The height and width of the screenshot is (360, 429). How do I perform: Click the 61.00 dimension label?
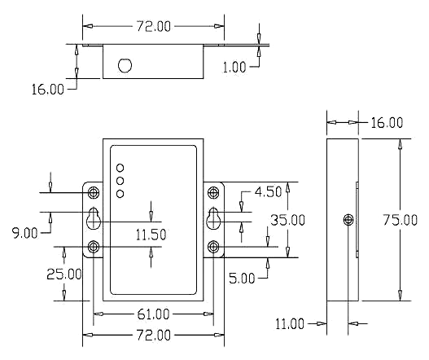[x=153, y=314]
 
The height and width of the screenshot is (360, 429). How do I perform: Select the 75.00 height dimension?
[x=400, y=220]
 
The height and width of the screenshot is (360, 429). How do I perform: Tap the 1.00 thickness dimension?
[x=234, y=67]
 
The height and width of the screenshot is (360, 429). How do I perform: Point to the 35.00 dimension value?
[x=287, y=220]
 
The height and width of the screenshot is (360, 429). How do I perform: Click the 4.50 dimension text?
[x=268, y=192]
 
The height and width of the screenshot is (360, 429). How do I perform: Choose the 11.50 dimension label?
[x=151, y=235]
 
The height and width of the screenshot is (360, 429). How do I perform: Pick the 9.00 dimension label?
[x=25, y=233]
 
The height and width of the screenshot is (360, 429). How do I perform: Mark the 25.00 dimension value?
[x=64, y=274]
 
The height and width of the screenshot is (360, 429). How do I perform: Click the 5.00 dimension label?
[x=242, y=279]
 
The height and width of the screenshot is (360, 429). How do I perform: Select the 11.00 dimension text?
[x=290, y=324]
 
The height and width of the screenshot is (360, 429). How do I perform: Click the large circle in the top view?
[x=125, y=66]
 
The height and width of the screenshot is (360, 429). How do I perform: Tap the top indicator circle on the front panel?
[x=120, y=168]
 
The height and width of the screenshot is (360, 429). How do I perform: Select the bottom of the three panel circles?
[x=120, y=194]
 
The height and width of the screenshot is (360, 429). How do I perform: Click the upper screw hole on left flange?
[x=94, y=193]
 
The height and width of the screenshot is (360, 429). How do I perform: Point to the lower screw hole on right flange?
[x=213, y=247]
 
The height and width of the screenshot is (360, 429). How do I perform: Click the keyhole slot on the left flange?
[x=94, y=218]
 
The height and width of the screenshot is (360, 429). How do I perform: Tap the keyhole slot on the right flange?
[x=213, y=218]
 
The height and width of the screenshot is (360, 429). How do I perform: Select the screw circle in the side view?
[x=348, y=220]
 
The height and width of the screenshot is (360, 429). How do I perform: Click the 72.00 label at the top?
[x=153, y=27]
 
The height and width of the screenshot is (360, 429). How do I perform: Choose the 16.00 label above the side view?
[x=387, y=123]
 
